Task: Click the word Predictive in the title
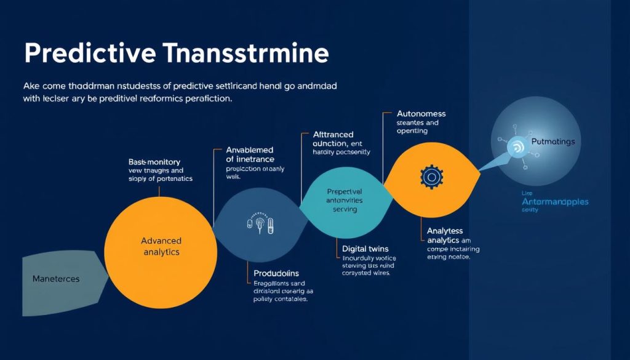click(89, 54)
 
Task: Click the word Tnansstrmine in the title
click(247, 54)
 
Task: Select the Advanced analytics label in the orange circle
click(161, 246)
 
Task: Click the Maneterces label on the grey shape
click(55, 279)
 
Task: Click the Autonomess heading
click(421, 114)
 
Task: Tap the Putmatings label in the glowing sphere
click(552, 142)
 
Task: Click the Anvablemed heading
click(250, 150)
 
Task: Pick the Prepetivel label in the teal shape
click(345, 191)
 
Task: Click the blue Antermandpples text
click(555, 201)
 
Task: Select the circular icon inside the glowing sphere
click(516, 147)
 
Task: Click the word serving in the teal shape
click(345, 209)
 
